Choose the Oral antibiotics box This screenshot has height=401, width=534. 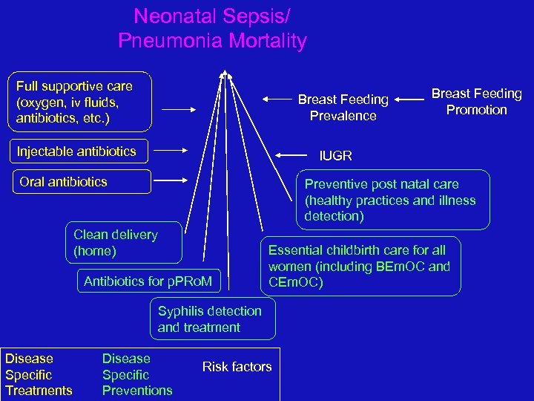86,182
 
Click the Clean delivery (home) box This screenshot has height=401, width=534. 123,243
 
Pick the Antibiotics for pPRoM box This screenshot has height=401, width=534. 148,281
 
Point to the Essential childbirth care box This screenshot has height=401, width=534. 361,267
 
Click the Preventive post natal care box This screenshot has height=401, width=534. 392,200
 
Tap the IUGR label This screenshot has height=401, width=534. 335,156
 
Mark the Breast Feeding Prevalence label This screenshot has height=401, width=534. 343,108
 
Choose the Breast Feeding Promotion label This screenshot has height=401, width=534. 476,102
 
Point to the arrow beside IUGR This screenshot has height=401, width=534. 289,155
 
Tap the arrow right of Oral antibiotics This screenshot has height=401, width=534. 176,179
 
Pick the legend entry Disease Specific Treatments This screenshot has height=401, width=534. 39,375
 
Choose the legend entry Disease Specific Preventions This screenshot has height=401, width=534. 137,375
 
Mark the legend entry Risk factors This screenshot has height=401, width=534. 237,367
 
